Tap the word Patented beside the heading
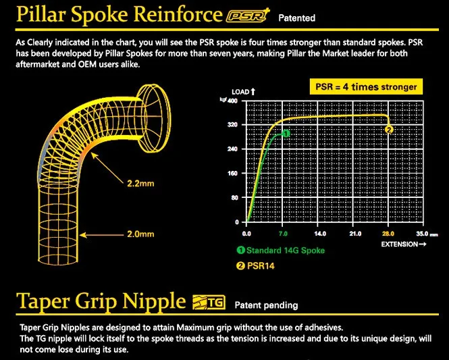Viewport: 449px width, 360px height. pos(296,18)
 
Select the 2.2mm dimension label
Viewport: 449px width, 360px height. pos(140,183)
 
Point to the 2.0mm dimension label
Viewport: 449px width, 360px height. pos(140,234)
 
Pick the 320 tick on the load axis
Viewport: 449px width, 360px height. pos(232,125)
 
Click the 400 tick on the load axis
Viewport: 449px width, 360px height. pos(232,101)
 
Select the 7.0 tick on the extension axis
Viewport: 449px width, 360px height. pos(284,232)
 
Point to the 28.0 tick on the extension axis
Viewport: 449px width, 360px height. pos(388,232)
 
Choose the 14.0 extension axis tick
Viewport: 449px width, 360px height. pos(319,232)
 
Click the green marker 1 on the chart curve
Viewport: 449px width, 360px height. pos(286,134)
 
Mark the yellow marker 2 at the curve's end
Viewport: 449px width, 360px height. pos(389,129)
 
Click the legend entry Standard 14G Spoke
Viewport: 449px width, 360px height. pos(280,251)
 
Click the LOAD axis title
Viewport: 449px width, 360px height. pos(242,91)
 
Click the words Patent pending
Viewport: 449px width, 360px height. pos(265,305)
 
